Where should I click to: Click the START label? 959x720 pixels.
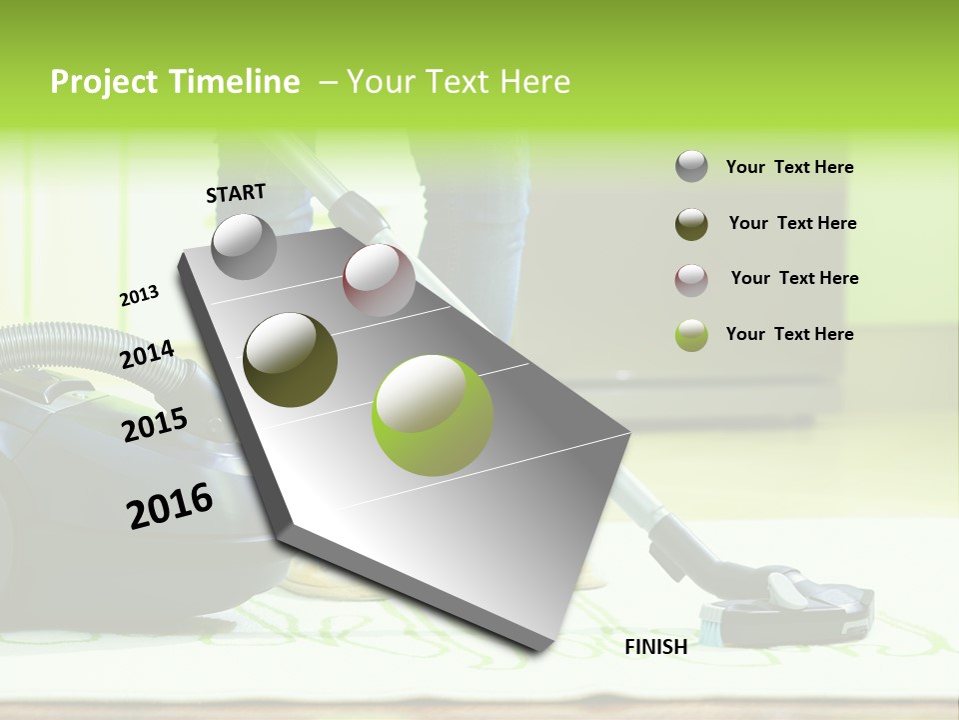236,193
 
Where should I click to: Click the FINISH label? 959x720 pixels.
656,647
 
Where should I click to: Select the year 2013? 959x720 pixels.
140,296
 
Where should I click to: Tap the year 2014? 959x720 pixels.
147,355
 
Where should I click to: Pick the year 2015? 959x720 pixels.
155,425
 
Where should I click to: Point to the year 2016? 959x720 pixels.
170,506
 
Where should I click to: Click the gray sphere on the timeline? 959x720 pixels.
244,246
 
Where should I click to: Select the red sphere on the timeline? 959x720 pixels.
378,279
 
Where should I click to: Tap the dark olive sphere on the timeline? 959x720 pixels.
290,359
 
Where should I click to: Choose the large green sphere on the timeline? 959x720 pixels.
433,415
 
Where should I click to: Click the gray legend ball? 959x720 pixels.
691,167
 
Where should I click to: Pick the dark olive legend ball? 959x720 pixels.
691,224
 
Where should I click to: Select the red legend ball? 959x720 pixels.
691,280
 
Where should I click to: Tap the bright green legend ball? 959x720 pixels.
691,335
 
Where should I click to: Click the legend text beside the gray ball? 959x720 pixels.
789,167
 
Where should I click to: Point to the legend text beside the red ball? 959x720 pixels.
794,278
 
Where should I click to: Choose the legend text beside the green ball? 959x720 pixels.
789,334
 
